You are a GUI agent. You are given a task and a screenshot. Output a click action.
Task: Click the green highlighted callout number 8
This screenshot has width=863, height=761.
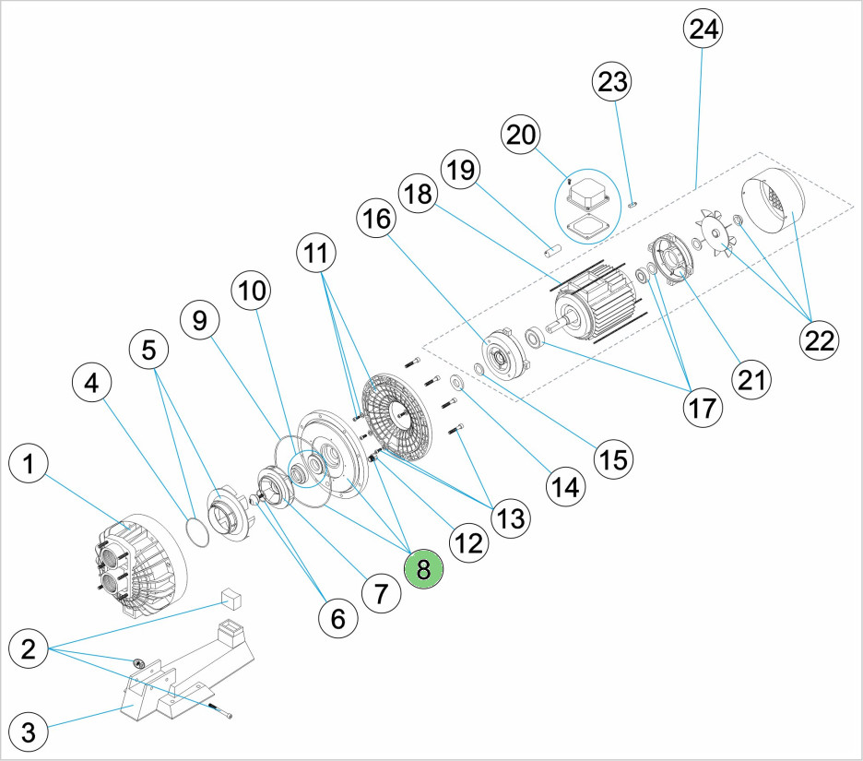tap(423, 569)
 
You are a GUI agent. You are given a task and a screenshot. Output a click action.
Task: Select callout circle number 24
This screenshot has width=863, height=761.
tap(703, 30)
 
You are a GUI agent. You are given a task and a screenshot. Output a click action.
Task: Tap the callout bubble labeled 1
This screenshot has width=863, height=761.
tap(30, 467)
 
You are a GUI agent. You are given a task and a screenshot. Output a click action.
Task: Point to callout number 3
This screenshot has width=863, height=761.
tap(30, 734)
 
